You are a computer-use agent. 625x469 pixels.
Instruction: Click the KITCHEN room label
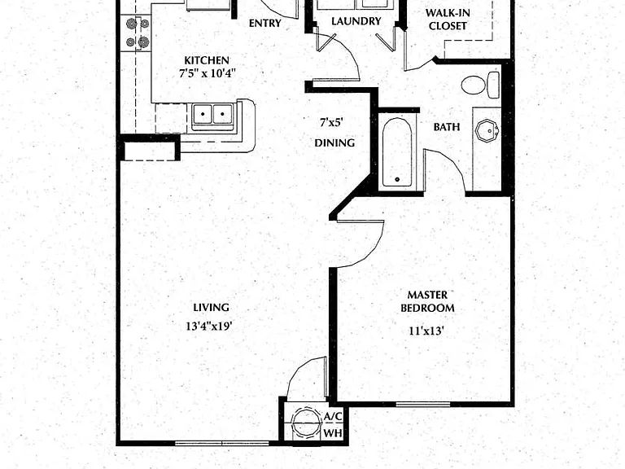pyautogui.click(x=207, y=60)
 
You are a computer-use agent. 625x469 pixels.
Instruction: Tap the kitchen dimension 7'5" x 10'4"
pyautogui.click(x=208, y=74)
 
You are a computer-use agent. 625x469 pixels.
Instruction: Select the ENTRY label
pyautogui.click(x=265, y=23)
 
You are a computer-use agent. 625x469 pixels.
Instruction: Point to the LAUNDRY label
pyautogui.click(x=356, y=21)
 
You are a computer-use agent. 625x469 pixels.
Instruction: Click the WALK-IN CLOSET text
pyautogui.click(x=448, y=20)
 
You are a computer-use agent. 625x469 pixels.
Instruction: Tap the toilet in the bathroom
pyautogui.click(x=480, y=85)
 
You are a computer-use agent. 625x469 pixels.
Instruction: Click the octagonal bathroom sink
pyautogui.click(x=487, y=129)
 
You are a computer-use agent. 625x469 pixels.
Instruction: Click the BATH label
pyautogui.click(x=447, y=127)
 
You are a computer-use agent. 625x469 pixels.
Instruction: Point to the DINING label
pyautogui.click(x=334, y=142)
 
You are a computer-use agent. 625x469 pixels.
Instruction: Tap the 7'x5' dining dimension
pyautogui.click(x=332, y=122)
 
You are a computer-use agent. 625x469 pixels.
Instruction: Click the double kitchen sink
pyautogui.click(x=212, y=115)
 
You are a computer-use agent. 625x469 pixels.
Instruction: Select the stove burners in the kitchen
pyautogui.click(x=138, y=33)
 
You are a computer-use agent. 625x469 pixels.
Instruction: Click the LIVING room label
pyautogui.click(x=212, y=308)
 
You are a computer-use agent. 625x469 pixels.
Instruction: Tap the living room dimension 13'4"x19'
pyautogui.click(x=209, y=327)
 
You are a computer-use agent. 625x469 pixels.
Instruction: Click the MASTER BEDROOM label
pyautogui.click(x=427, y=301)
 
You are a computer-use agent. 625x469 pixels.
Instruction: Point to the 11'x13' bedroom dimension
pyautogui.click(x=426, y=331)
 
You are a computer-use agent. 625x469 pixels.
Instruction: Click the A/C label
pyautogui.click(x=333, y=416)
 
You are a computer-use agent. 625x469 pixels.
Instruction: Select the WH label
pyautogui.click(x=333, y=433)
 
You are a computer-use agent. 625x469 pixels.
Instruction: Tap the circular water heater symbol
pyautogui.click(x=307, y=423)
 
